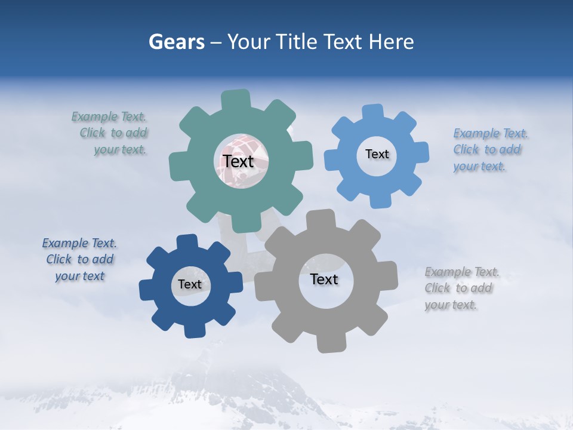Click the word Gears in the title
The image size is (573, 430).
[x=176, y=42]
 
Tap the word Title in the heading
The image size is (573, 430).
[x=297, y=42]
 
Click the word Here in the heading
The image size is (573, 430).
[x=392, y=42]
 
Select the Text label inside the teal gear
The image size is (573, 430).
[x=238, y=161]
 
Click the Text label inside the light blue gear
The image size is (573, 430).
[x=377, y=154]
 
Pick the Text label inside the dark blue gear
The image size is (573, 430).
[x=190, y=284]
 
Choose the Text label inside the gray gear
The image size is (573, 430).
[x=324, y=279]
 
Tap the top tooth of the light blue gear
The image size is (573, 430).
[x=372, y=112]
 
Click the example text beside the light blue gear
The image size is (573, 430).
[x=489, y=149]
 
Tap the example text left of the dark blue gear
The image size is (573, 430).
[x=79, y=260]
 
